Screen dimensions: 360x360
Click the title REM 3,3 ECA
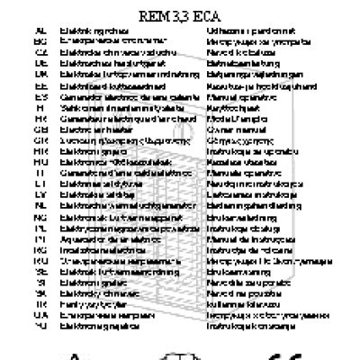(181, 15)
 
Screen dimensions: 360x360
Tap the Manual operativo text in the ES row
(236, 96)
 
